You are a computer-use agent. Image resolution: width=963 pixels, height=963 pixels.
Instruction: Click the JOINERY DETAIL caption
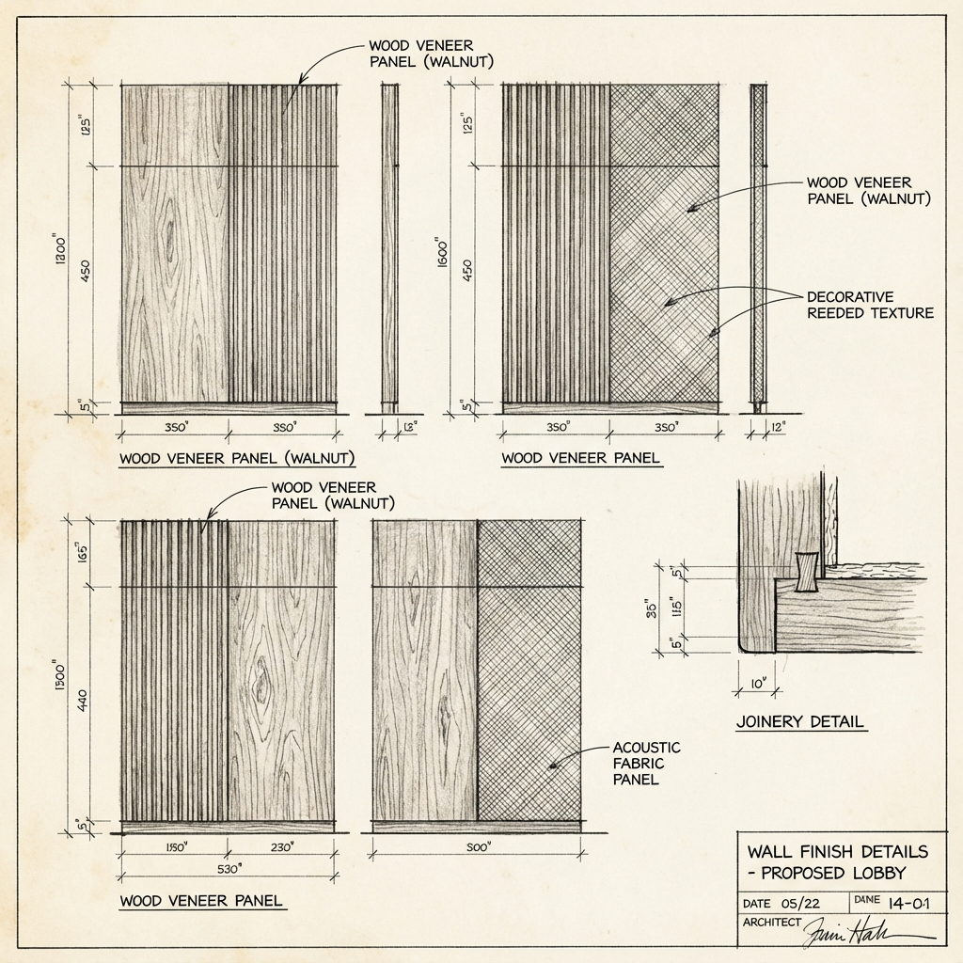click(800, 722)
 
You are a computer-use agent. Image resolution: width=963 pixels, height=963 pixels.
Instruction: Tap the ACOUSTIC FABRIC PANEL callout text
click(645, 763)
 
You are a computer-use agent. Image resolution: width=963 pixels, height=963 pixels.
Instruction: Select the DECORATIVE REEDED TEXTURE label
click(870, 304)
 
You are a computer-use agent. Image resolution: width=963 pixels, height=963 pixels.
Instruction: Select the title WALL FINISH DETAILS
click(837, 852)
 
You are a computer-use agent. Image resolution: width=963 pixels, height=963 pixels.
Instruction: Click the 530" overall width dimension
click(228, 868)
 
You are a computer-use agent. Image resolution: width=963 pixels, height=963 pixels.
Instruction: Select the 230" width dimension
click(281, 847)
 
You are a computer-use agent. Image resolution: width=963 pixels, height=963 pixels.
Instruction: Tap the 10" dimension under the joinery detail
click(756, 684)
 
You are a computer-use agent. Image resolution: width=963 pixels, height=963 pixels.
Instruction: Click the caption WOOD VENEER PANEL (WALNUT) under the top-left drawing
click(236, 459)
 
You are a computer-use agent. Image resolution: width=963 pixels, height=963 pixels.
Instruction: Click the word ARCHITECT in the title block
click(771, 923)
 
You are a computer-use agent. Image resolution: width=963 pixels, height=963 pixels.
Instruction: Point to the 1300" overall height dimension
click(60, 671)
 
